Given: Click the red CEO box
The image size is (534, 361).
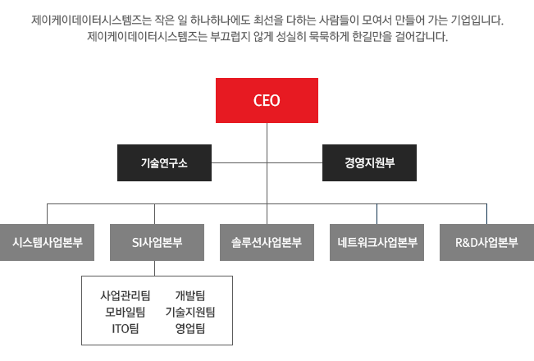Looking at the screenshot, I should (x=267, y=101).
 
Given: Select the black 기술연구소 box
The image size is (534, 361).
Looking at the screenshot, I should (x=164, y=162).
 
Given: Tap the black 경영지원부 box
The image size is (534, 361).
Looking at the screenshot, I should (x=369, y=162).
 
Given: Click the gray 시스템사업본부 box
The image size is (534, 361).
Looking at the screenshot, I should (x=47, y=242).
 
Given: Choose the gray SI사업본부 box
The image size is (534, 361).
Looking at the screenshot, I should (x=156, y=242).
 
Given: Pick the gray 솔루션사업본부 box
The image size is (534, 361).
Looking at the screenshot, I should (x=267, y=242).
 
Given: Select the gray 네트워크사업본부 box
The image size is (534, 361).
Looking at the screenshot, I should (x=377, y=242).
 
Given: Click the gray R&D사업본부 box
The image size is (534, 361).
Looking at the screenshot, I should (x=486, y=242).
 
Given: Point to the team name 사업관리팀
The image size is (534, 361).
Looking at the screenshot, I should (x=126, y=295).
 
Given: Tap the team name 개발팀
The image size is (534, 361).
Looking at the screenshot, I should (x=189, y=295).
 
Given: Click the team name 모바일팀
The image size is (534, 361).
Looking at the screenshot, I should (x=126, y=313).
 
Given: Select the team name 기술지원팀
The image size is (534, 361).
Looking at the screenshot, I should (x=189, y=313).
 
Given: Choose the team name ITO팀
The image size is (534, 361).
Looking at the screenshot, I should (x=126, y=330).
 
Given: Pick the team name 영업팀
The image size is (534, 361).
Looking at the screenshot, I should (x=189, y=330).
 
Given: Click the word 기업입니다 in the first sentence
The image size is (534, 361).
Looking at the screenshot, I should (x=477, y=19).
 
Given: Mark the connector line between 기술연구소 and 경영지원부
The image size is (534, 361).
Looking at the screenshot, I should (x=267, y=162).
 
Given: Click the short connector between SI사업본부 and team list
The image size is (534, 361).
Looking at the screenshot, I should (x=156, y=268).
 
